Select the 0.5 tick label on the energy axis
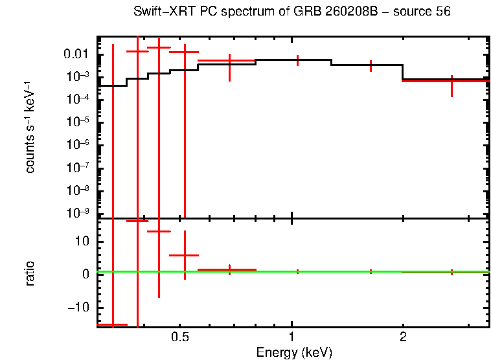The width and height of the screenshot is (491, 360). [179, 338]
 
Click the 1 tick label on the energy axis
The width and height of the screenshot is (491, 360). [292, 338]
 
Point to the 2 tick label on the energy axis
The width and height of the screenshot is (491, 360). [403, 338]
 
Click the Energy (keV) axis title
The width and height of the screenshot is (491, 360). [293, 352]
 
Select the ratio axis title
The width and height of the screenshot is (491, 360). [30, 274]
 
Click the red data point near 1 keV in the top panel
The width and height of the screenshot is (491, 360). [297, 60]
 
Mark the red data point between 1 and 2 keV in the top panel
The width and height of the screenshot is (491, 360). [371, 65]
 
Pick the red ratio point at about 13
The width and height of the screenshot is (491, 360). [159, 231]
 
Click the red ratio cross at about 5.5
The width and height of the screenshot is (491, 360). [185, 256]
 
